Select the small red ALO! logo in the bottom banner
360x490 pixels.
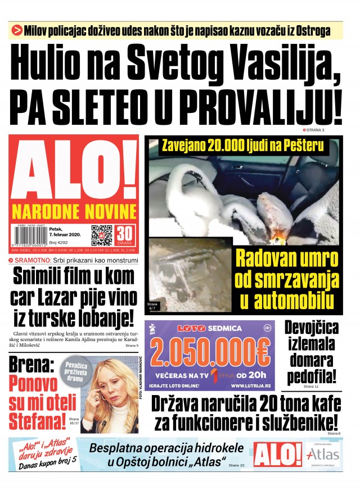[277, 455]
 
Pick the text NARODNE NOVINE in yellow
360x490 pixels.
[74, 212]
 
